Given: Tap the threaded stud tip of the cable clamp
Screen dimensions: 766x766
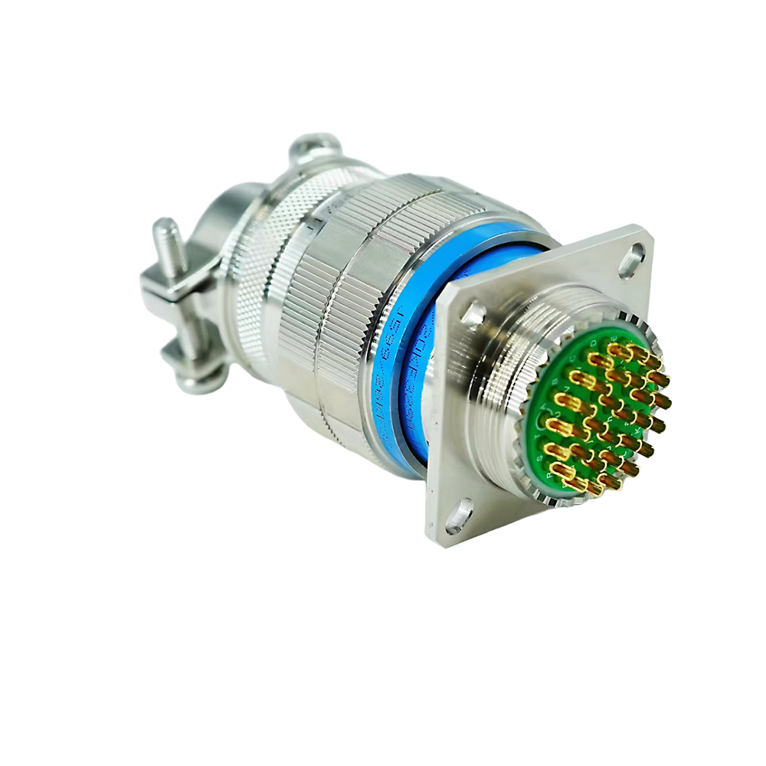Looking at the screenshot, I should [x=162, y=229].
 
